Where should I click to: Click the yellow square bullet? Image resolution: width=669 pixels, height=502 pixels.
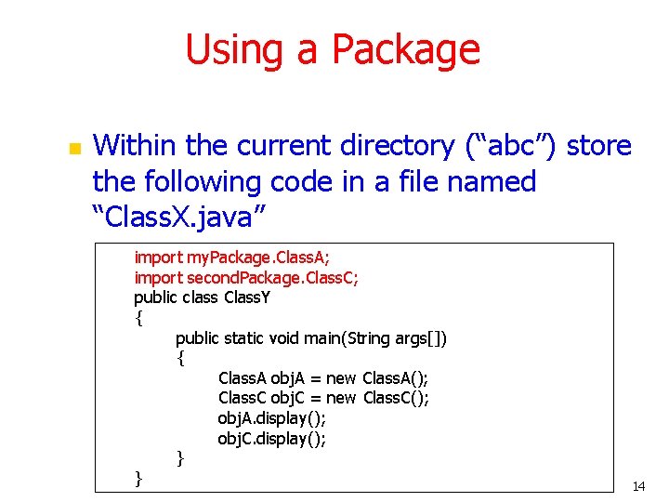73,149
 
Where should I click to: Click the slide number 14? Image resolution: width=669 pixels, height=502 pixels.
638,486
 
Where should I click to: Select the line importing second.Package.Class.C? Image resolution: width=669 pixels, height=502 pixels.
246,277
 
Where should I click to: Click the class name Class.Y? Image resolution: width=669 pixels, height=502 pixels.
247,297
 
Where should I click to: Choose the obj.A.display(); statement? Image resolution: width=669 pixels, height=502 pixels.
271,418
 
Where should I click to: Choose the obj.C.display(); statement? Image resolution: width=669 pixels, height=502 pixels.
271,439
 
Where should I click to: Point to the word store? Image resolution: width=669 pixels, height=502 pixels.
599,146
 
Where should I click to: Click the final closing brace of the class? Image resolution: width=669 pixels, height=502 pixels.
138,478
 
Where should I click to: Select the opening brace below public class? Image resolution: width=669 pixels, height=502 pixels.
138,318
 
